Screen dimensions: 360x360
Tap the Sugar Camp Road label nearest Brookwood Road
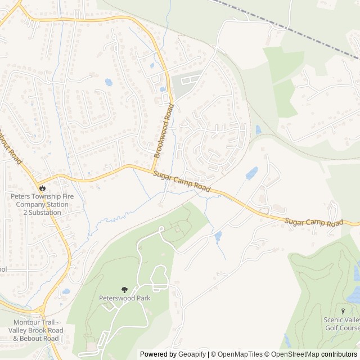pos(182,183)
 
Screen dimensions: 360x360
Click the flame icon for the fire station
pos(42,187)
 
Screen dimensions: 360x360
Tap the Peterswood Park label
pos(124,298)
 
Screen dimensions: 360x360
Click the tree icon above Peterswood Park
pos(124,290)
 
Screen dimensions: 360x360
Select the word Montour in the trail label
pos(25,322)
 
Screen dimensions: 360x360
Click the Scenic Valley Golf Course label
pos(341,323)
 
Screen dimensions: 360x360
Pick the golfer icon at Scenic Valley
pos(343,311)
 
